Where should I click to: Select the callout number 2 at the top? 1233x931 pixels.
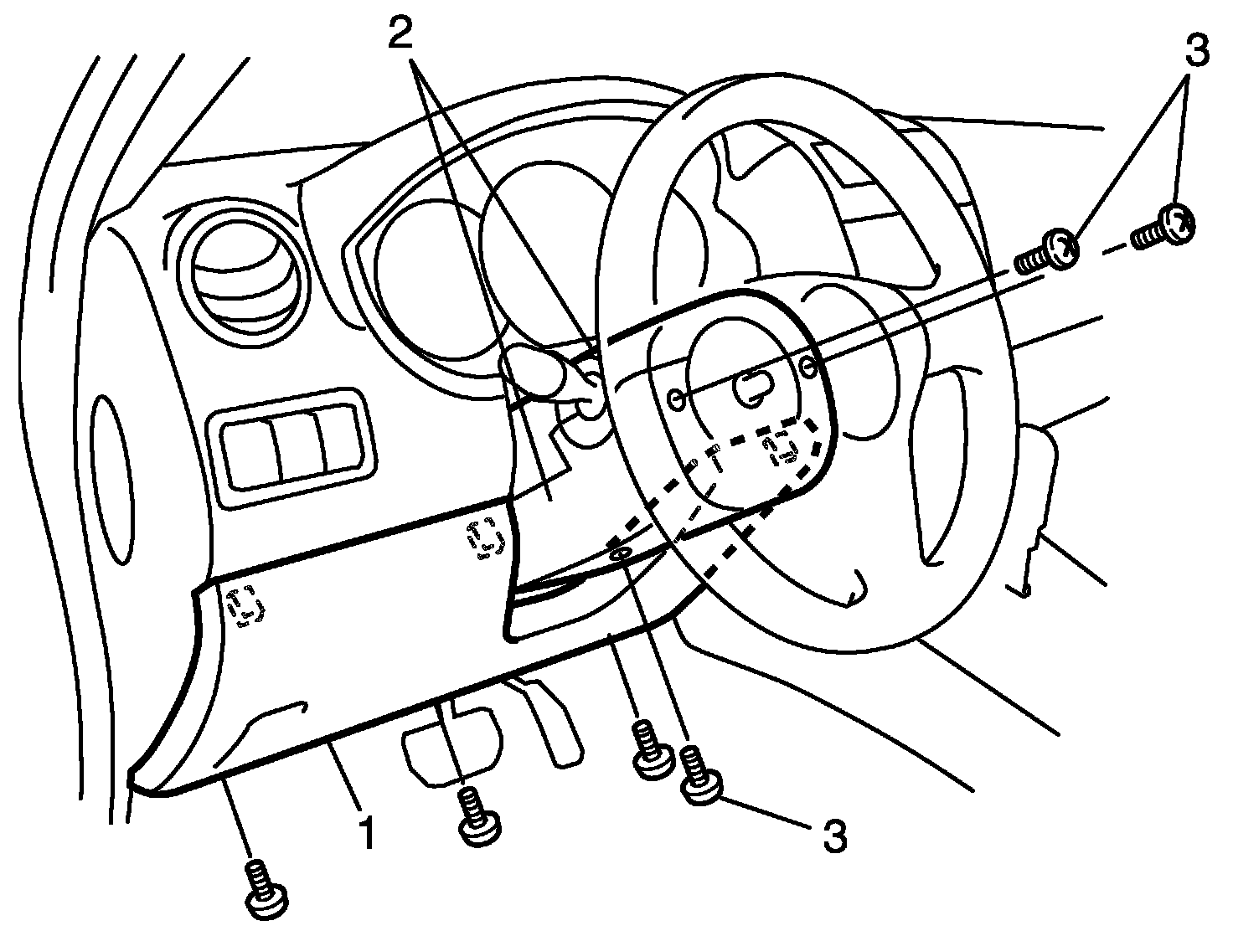[401, 34]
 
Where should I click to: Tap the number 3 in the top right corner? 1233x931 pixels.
[1198, 51]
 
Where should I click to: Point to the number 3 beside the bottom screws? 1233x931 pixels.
[834, 836]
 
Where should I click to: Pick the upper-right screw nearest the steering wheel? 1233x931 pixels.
[1048, 251]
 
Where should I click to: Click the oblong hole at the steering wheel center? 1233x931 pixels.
[756, 388]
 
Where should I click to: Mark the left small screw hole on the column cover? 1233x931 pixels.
[675, 400]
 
